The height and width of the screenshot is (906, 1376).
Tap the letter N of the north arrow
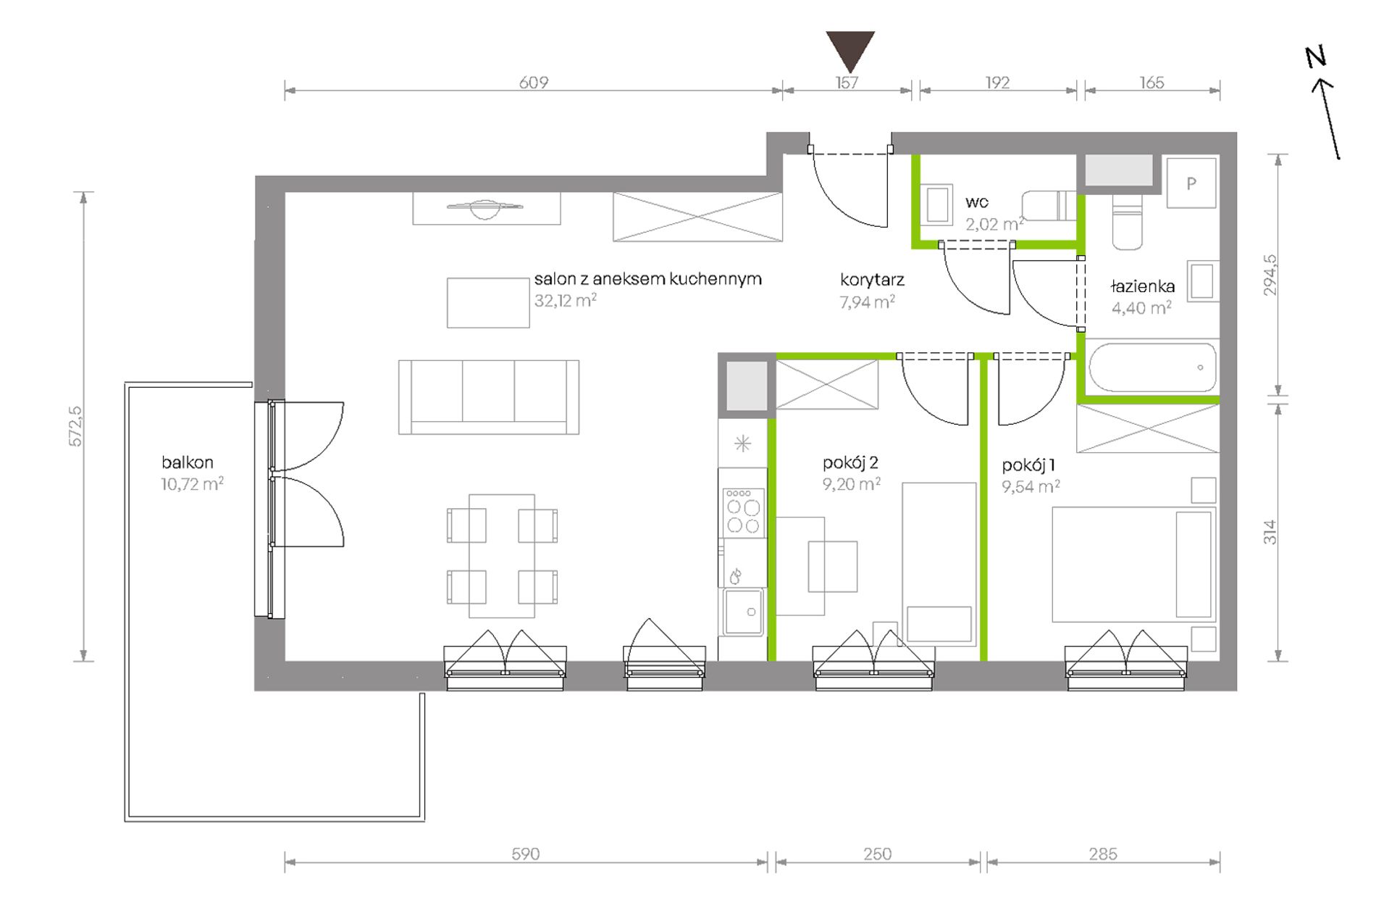pyautogui.click(x=1316, y=57)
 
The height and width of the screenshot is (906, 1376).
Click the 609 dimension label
pyautogui.click(x=533, y=83)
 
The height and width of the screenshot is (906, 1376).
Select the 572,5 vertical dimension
pyautogui.click(x=76, y=426)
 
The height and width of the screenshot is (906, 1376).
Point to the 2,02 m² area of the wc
pyautogui.click(x=994, y=224)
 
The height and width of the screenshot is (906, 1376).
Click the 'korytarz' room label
pyautogui.click(x=872, y=280)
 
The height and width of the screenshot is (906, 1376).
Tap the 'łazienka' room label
pyautogui.click(x=1142, y=286)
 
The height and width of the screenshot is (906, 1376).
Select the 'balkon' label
pyautogui.click(x=188, y=462)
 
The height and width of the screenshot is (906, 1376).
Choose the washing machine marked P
pyautogui.click(x=1191, y=183)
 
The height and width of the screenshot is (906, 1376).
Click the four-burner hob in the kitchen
pyautogui.click(x=743, y=512)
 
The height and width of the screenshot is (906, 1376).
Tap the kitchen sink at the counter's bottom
pyautogui.click(x=743, y=612)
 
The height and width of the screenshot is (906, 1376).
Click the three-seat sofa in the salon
pyautogui.click(x=489, y=397)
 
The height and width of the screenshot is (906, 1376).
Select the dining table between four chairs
pyautogui.click(x=502, y=556)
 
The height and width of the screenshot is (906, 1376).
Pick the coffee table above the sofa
pyautogui.click(x=488, y=303)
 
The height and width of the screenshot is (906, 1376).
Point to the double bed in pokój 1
pyautogui.click(x=1133, y=565)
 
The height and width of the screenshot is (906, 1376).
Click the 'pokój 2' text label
pyautogui.click(x=850, y=462)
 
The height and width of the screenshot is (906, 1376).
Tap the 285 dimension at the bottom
pyautogui.click(x=1102, y=854)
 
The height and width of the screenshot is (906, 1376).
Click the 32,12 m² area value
pyautogui.click(x=566, y=300)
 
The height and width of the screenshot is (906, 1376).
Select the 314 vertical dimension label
pyautogui.click(x=1269, y=532)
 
